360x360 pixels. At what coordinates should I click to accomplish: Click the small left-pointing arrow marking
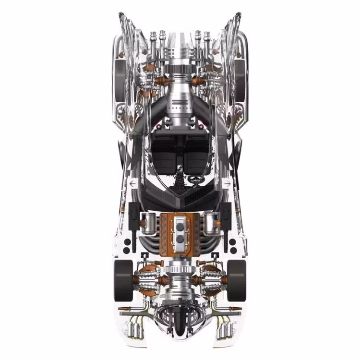tap(133, 183)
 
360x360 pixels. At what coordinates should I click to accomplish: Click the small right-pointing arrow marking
tap(227, 183)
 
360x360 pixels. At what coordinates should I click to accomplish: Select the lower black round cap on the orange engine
tap(180, 239)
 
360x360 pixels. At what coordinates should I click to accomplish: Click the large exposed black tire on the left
tap(123, 280)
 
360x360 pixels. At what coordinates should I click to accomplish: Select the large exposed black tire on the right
tap(237, 280)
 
